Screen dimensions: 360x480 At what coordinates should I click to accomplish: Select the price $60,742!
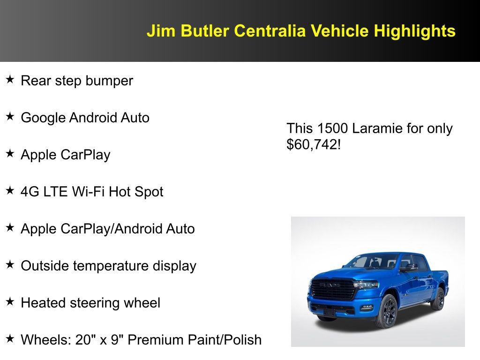point(313,144)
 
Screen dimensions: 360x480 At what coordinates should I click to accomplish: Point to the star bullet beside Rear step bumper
point(10,80)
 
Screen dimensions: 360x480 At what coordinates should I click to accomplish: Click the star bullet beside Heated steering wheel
point(10,302)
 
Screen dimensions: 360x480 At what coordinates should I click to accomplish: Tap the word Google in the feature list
point(43,118)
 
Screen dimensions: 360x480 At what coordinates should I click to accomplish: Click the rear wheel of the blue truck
point(438,299)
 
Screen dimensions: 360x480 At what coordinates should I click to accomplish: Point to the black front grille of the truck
point(333,289)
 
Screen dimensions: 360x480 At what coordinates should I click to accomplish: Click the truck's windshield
point(370,262)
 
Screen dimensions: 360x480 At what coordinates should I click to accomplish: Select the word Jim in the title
point(157,31)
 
